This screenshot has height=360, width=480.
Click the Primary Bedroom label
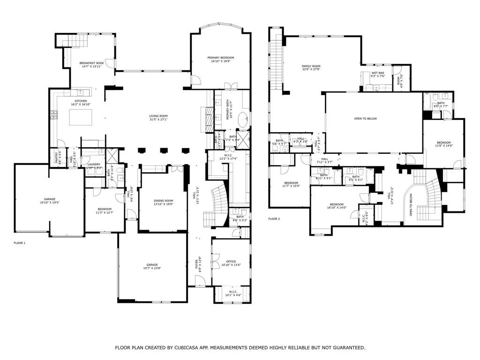(220, 58)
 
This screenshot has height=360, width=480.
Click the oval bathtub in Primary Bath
(243, 120)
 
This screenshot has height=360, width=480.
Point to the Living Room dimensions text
(158, 120)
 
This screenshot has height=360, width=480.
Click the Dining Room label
(164, 201)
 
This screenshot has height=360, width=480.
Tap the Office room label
(231, 262)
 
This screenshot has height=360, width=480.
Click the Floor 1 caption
(19, 243)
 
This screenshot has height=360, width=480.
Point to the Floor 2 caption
(274, 219)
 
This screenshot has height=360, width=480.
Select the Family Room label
(310, 66)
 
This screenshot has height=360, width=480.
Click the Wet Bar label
(378, 73)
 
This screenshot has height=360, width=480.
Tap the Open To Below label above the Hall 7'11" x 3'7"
(365, 119)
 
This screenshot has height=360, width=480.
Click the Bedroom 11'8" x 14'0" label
(443, 142)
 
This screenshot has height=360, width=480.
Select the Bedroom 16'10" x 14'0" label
(337, 204)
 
